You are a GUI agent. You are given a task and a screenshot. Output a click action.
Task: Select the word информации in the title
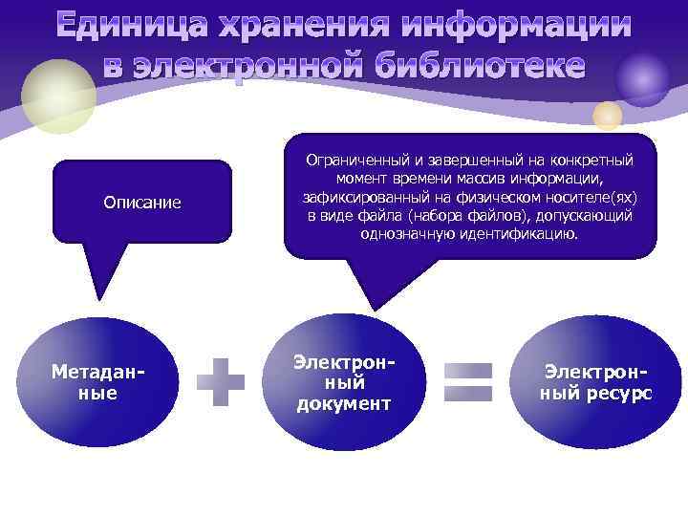[x=514, y=27]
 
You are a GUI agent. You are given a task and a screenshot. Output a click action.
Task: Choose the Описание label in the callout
[x=141, y=203]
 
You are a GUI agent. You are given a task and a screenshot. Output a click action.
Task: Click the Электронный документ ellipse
[x=344, y=383]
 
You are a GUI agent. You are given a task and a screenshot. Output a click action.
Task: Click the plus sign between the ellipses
[x=221, y=382]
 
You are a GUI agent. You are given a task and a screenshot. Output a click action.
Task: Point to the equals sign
[x=469, y=382]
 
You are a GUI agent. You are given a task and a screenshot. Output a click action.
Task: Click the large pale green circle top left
[x=58, y=96]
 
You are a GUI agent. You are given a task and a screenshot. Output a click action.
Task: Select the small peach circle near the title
[x=607, y=116]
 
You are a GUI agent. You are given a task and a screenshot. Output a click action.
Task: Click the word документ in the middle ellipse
[x=344, y=403]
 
